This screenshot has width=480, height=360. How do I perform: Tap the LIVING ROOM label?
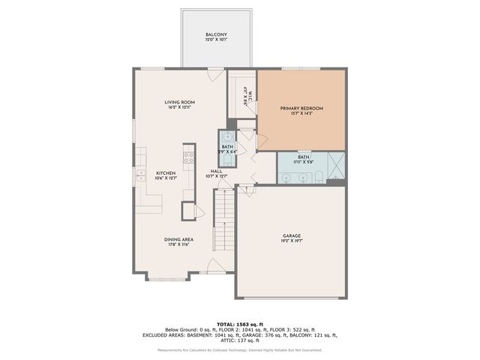click(180, 102)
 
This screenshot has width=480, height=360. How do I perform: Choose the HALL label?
click(216, 172)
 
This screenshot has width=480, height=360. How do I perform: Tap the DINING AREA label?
click(180, 239)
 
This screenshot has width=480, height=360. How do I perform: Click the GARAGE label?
click(292, 235)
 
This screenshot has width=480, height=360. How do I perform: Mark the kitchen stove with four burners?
click(188, 157)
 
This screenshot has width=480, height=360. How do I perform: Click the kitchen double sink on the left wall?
click(140, 175)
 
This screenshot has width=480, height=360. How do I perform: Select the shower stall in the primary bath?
click(336, 162)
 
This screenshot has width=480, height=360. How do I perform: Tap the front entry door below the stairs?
click(215, 266)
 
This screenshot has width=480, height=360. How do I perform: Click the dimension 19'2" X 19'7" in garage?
click(292, 241)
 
